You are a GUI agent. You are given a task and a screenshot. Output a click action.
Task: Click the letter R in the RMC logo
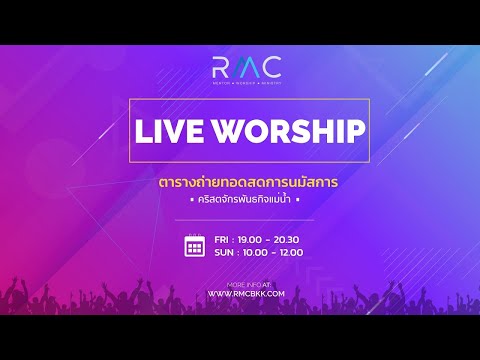(219, 69)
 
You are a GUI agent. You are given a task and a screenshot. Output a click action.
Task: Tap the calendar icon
(195, 244)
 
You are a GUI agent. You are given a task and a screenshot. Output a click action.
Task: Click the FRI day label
(225, 239)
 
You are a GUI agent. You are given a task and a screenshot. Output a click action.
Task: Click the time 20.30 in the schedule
(288, 239)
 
